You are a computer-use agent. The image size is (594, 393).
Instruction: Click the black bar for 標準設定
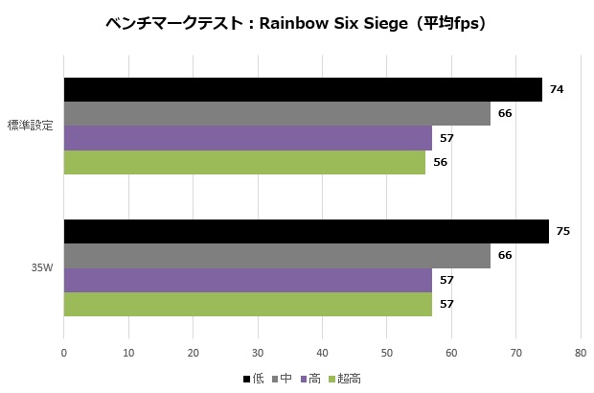point(303,90)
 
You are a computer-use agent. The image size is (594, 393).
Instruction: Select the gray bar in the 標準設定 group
point(277,114)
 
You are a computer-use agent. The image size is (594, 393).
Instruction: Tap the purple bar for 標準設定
point(247,138)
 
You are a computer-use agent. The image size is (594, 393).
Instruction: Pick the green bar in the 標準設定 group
point(244,162)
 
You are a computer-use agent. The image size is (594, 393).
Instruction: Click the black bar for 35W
point(306,231)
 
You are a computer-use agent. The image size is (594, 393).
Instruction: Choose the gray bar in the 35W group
point(277,255)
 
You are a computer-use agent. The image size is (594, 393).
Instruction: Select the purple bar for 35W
point(247,280)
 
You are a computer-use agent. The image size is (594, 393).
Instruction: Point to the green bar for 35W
point(247,304)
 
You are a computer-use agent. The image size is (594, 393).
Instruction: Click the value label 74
point(557,90)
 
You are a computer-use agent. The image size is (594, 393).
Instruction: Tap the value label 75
point(563,231)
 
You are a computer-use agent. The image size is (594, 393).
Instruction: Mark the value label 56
point(441,162)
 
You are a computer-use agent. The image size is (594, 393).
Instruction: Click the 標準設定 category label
point(30,126)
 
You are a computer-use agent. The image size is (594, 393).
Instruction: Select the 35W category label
point(41,267)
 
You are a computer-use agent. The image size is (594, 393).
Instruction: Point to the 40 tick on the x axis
point(322,353)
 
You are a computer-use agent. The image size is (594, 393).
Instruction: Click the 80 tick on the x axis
point(581,353)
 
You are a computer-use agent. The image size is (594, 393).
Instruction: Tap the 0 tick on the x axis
point(63,353)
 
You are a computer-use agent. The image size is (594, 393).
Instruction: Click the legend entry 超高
point(350,380)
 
